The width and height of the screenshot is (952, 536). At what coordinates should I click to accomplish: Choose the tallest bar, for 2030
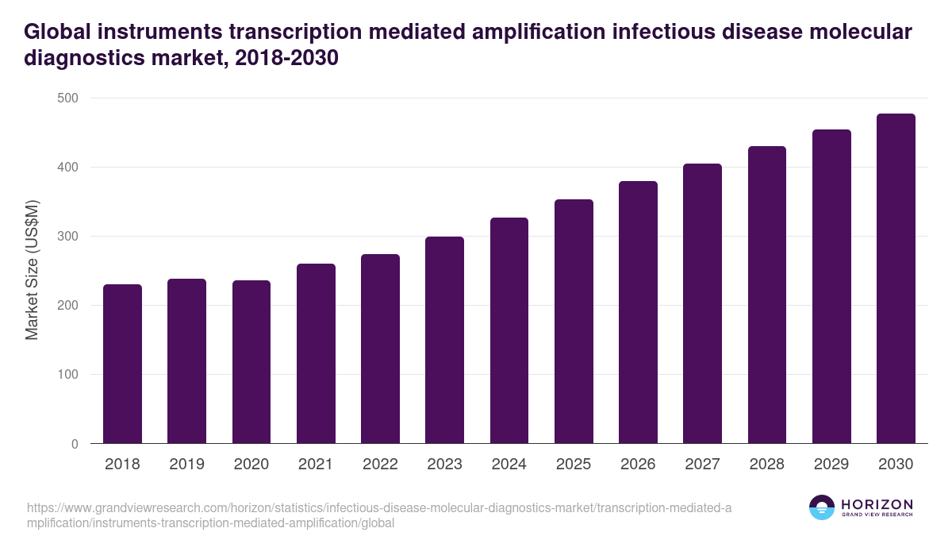[x=896, y=279]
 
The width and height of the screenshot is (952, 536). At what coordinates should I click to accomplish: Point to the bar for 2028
[x=766, y=295]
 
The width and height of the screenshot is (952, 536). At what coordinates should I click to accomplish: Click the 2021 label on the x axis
[x=316, y=465]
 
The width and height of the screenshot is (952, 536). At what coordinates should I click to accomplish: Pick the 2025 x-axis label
[x=574, y=465]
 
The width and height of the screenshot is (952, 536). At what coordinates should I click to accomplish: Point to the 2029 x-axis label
[x=831, y=465]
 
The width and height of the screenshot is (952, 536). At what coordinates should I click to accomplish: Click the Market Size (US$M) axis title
[x=32, y=270]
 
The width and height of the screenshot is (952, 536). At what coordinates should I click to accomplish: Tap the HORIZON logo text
[x=877, y=504]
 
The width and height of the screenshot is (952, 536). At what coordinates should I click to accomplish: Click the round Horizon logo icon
[x=822, y=507]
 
